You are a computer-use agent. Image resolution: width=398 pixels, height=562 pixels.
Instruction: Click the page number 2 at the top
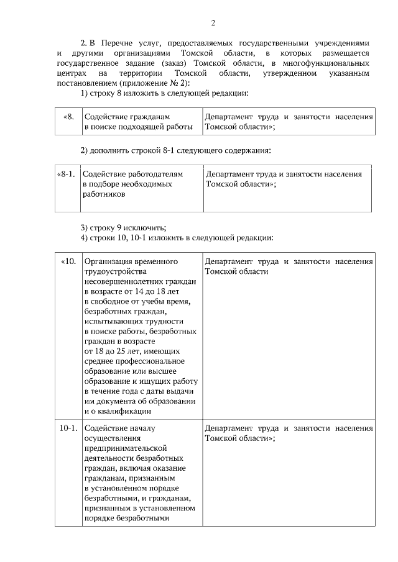click(x=213, y=24)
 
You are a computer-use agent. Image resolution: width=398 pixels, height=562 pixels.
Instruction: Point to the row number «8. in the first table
click(x=69, y=116)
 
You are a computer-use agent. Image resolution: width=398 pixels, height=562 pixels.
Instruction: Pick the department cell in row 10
click(x=289, y=266)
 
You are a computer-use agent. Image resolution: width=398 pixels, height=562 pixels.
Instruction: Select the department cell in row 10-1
click(x=289, y=433)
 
